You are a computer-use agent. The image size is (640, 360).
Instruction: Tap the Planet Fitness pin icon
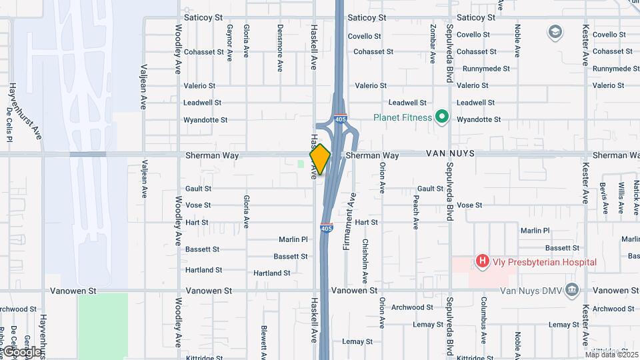coord(441,118)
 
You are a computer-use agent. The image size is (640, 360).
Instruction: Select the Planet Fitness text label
coord(402,118)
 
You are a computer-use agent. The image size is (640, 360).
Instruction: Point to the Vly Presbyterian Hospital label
coord(544,262)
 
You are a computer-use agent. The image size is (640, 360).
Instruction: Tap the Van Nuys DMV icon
coord(571,290)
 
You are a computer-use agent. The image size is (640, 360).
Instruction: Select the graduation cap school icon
coord(555,31)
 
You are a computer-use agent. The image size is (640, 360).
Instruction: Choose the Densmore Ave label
coord(280,47)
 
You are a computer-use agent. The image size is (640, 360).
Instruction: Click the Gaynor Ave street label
coord(229,43)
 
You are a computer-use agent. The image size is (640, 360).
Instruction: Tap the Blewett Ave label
coord(264,343)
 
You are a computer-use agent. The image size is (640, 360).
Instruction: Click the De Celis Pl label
coord(9,124)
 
